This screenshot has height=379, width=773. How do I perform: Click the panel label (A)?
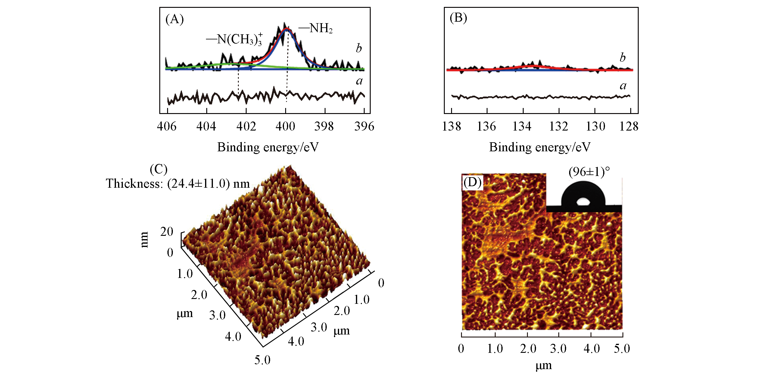click(x=174, y=20)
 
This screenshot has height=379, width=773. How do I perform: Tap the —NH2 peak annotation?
click(x=316, y=29)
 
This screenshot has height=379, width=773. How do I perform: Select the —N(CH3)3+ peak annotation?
click(x=234, y=39)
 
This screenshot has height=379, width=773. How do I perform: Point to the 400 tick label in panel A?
click(x=285, y=126)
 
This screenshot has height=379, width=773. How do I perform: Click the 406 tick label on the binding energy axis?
click(x=167, y=126)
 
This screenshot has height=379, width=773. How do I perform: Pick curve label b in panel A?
click(x=359, y=48)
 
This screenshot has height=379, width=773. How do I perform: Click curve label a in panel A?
click(x=359, y=81)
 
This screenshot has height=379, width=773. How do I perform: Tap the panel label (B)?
click(x=458, y=18)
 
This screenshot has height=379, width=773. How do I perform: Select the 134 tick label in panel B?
click(x=522, y=126)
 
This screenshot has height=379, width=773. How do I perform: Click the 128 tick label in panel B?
click(x=629, y=126)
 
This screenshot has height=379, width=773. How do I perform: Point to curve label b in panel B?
click(x=622, y=57)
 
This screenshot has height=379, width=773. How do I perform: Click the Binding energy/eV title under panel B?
click(x=540, y=147)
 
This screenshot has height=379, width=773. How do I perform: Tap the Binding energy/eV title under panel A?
click(x=268, y=147)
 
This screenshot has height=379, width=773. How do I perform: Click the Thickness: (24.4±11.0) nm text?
click(x=178, y=183)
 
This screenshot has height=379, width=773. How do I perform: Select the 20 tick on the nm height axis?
click(x=167, y=232)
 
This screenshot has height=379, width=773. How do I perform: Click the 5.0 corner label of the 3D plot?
click(x=262, y=360)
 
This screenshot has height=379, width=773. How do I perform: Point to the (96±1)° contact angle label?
click(x=589, y=172)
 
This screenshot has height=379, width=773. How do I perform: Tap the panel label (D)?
click(x=472, y=183)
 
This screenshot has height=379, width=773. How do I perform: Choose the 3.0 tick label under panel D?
click(x=558, y=349)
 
